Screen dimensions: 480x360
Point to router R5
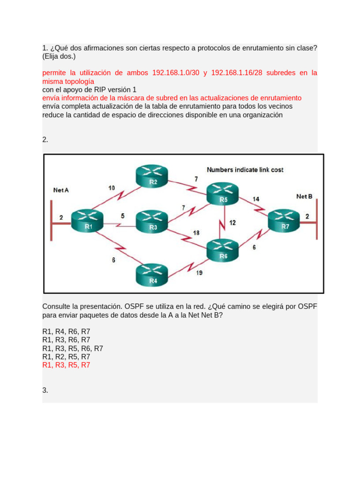[x=223, y=194]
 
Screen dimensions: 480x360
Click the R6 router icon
[x=223, y=250]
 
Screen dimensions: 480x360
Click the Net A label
[x=61, y=190]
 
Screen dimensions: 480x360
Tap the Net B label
[x=304, y=196]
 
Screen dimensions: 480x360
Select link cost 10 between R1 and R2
[x=112, y=188]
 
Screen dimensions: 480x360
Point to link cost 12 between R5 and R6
[x=232, y=223]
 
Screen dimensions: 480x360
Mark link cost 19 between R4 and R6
[x=199, y=273]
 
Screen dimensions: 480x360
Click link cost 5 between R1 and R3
[x=123, y=216]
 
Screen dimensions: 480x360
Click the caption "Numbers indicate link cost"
[x=245, y=170]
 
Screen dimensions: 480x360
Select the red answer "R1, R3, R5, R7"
[x=66, y=365]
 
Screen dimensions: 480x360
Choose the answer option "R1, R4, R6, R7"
[x=66, y=331]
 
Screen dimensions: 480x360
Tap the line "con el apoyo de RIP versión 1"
[x=89, y=90]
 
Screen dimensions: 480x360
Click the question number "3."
[x=45, y=390]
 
